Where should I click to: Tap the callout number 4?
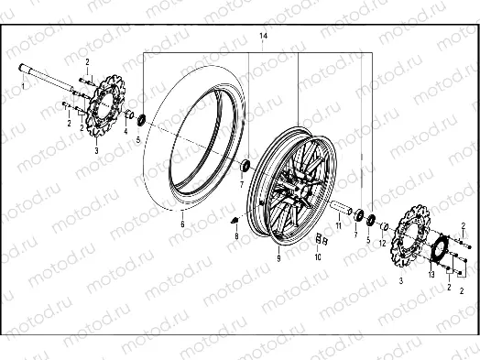125,131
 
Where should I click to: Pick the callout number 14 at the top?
263,35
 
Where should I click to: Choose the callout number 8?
235,236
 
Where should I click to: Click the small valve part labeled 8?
234,220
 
